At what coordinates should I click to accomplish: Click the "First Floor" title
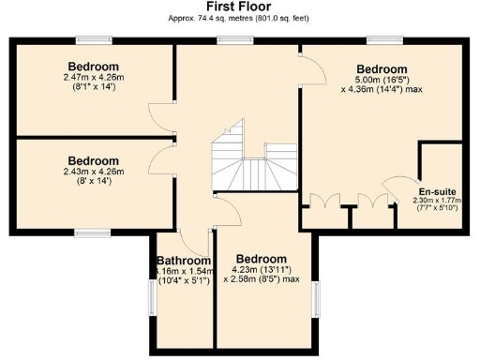click(x=239, y=7)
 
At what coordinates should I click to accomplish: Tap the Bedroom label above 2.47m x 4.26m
click(x=93, y=67)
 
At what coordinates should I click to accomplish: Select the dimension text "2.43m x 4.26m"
click(x=93, y=171)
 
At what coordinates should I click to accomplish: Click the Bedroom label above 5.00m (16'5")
click(x=382, y=69)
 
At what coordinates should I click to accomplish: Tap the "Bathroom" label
click(x=183, y=261)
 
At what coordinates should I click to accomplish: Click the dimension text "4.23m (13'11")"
click(x=261, y=269)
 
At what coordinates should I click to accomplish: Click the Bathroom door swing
click(x=190, y=240)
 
